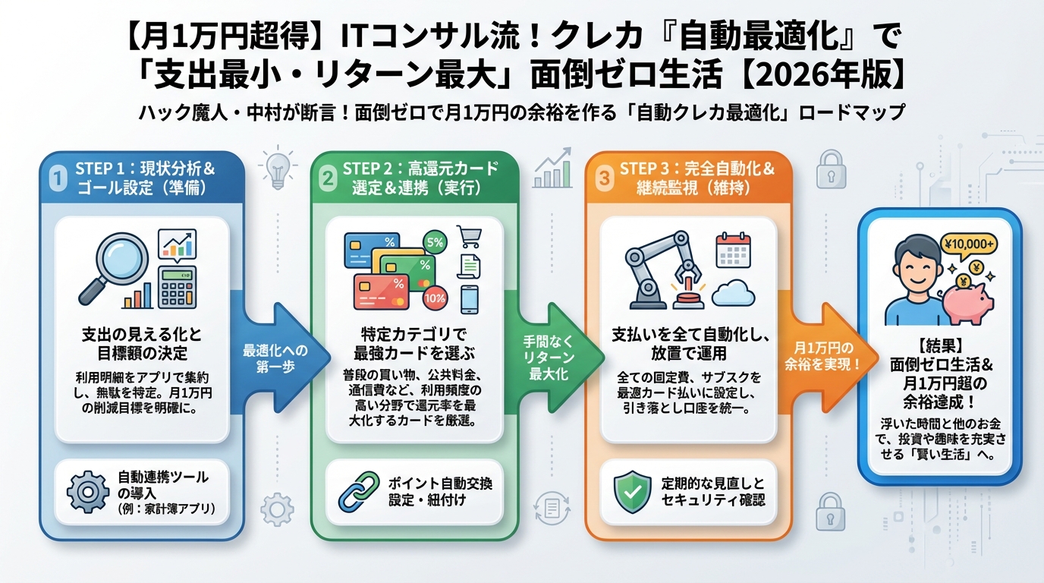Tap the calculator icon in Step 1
(x=177, y=286)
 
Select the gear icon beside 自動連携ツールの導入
(x=88, y=491)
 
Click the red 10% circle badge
(x=435, y=298)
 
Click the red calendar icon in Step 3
(x=732, y=249)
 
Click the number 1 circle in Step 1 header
(x=57, y=178)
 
